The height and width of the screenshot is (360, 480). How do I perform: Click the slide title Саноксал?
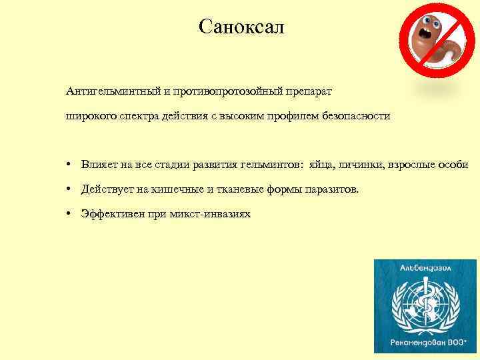(x=241, y=27)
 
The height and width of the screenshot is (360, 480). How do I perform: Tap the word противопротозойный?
(x=230, y=90)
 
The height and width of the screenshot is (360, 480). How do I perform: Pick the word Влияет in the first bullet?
(x=97, y=165)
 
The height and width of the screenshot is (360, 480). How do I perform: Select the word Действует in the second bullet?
(x=105, y=189)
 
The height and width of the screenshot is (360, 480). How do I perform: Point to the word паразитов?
(x=330, y=189)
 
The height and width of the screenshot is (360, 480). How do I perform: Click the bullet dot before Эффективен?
(x=69, y=214)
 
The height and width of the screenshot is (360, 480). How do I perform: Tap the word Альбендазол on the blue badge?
(x=425, y=268)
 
